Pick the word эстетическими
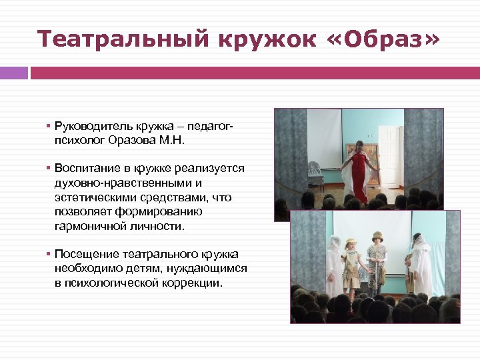coord(95,197)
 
